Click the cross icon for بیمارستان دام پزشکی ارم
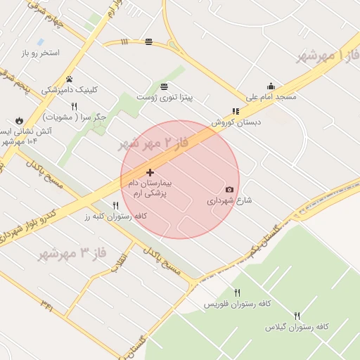(x=150, y=172)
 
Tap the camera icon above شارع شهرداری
(x=229, y=190)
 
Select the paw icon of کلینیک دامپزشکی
(x=70, y=79)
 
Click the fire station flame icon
(x=19, y=121)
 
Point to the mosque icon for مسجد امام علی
(x=271, y=86)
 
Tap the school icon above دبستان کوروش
(x=236, y=111)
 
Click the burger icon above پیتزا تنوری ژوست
(x=164, y=86)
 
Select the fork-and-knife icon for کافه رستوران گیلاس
(x=297, y=316)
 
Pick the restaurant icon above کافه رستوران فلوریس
(x=237, y=293)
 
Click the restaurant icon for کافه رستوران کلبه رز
(x=116, y=205)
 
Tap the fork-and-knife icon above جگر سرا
(x=74, y=106)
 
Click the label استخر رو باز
(x=40, y=53)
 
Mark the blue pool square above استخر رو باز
(x=40, y=42)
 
